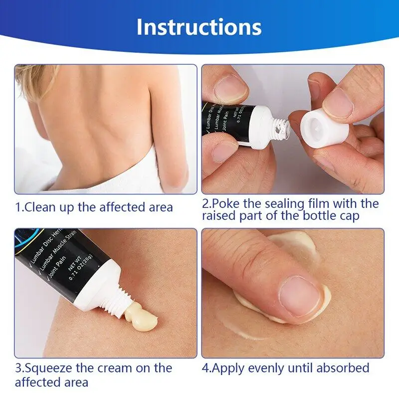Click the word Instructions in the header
point(199,26)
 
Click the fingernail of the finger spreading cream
point(300,297)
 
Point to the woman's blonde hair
point(30,80)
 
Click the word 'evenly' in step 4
point(267,369)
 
